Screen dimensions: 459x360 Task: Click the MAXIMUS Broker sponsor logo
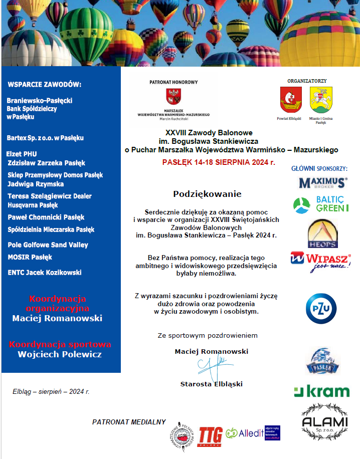click(323, 183)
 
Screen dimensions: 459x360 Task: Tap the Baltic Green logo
click(321, 204)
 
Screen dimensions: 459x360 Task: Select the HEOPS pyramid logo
click(322, 234)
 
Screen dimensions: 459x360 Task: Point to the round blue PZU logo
click(321, 308)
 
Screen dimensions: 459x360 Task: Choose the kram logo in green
click(321, 391)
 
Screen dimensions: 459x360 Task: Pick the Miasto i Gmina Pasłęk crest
click(321, 100)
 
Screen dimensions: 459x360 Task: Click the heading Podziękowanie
click(207, 194)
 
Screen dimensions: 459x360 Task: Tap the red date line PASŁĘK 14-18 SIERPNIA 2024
click(219, 162)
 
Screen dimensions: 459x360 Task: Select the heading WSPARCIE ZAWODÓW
click(45, 84)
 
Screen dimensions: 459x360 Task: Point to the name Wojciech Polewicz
click(60, 354)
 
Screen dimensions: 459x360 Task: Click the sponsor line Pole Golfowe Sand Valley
click(48, 245)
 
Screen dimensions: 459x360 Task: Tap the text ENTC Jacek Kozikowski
click(45, 273)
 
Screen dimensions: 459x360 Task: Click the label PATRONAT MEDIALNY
click(128, 422)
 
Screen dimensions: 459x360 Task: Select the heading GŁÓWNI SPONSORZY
click(319, 169)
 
